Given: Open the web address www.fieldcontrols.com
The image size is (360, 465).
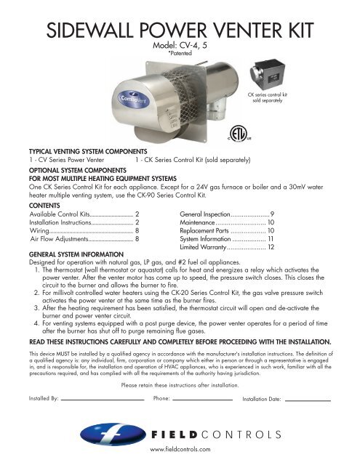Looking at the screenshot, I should click(x=180, y=450).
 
